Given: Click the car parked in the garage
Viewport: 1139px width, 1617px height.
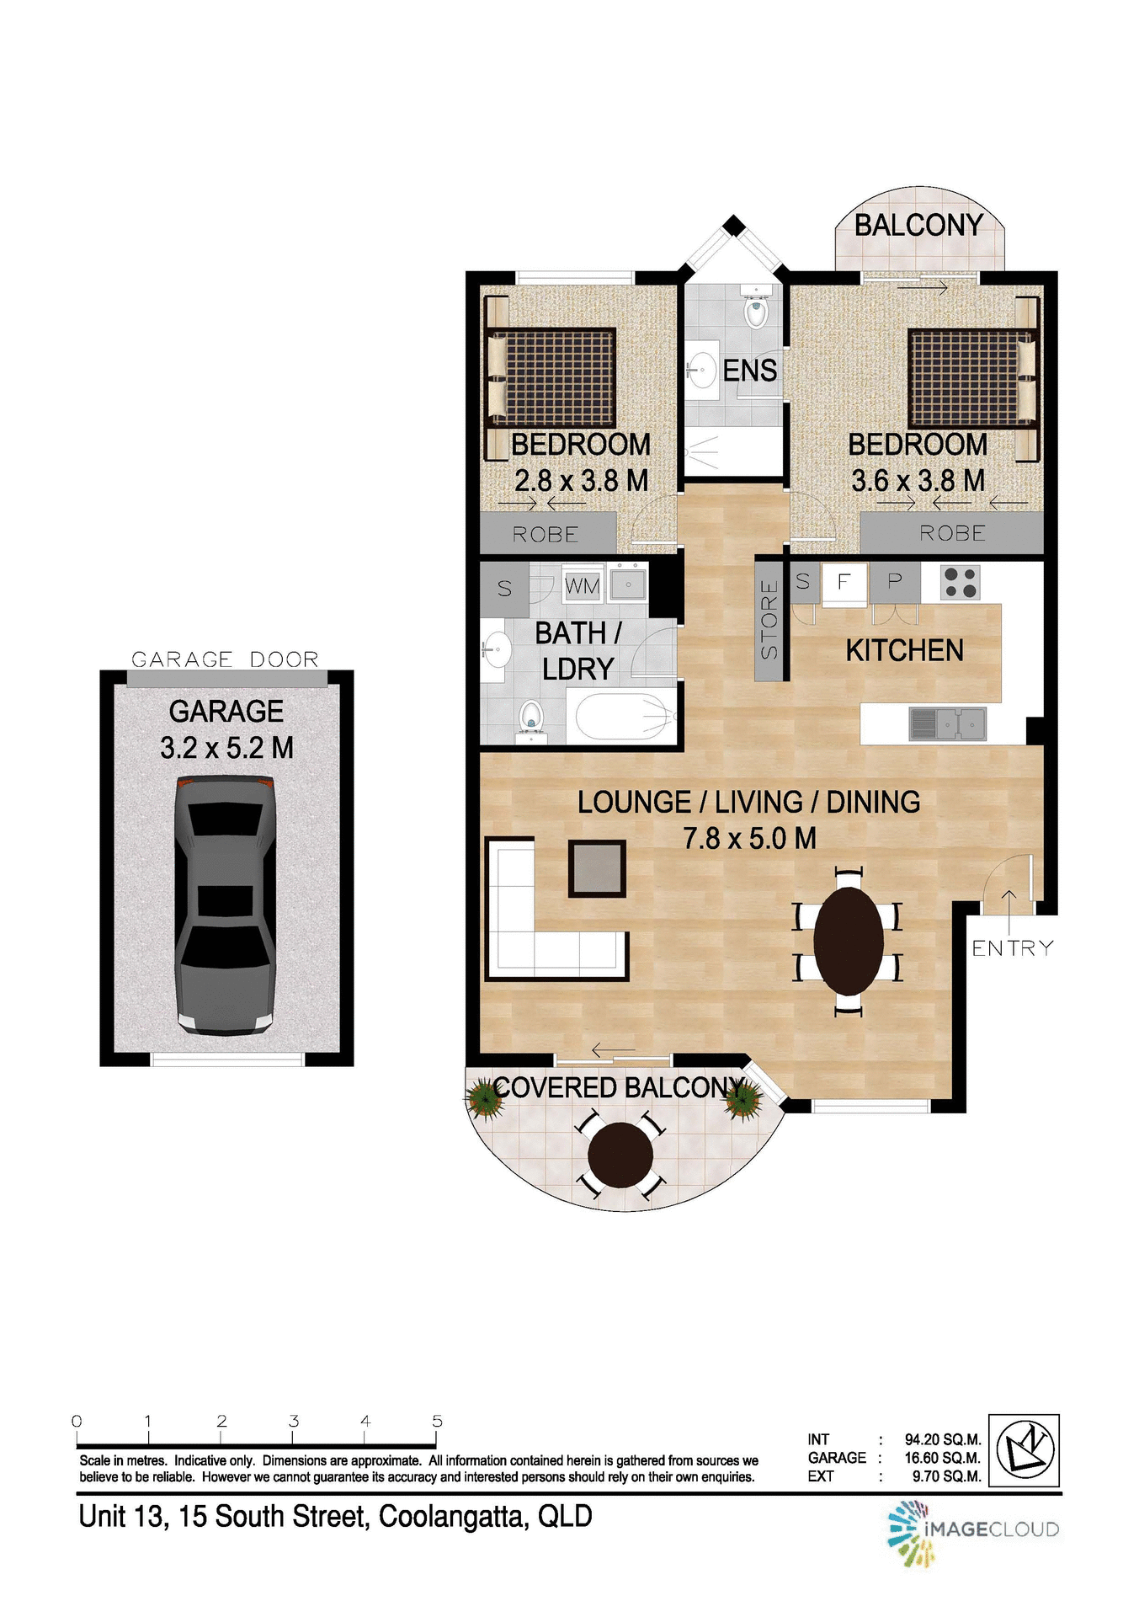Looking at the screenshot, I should tap(226, 905).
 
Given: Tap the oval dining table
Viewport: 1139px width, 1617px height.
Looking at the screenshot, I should tap(849, 941).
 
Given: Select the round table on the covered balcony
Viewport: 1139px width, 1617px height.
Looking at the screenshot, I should tap(620, 1155).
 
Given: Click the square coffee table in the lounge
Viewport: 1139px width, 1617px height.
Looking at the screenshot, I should tap(597, 868).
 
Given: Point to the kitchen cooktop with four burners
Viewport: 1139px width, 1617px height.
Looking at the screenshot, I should tap(961, 582).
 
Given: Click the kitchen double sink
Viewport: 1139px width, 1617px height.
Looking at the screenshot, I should tap(947, 723).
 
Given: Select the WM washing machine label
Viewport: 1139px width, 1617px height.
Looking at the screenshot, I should tap(582, 585).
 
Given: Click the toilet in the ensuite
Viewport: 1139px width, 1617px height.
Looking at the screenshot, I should tap(756, 310).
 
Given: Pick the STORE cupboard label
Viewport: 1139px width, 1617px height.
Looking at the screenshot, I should tap(769, 619).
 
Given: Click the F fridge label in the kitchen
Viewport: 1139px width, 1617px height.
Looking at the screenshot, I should tap(844, 581).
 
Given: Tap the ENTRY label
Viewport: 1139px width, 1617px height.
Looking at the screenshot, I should tap(1013, 948).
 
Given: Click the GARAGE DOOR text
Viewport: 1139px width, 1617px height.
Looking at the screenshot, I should tap(226, 659).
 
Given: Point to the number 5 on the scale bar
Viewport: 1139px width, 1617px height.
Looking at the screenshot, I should tap(437, 1421).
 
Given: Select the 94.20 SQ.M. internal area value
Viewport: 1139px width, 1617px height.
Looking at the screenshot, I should tap(942, 1440).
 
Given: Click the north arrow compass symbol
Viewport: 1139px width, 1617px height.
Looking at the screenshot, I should tap(1024, 1450).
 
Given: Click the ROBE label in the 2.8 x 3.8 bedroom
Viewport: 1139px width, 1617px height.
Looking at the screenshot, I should tap(546, 535).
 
